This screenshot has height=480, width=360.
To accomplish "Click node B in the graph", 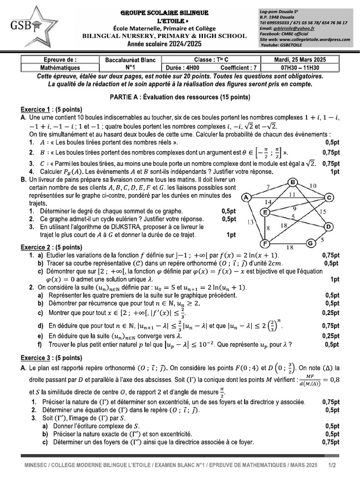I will pos(293,182).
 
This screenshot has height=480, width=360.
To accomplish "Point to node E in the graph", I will pos(265,213).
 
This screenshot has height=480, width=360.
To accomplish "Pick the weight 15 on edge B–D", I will pos(323,211).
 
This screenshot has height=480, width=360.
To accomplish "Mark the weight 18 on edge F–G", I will pos(289,247).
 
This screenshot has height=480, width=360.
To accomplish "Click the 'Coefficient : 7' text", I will pos(232,67).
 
